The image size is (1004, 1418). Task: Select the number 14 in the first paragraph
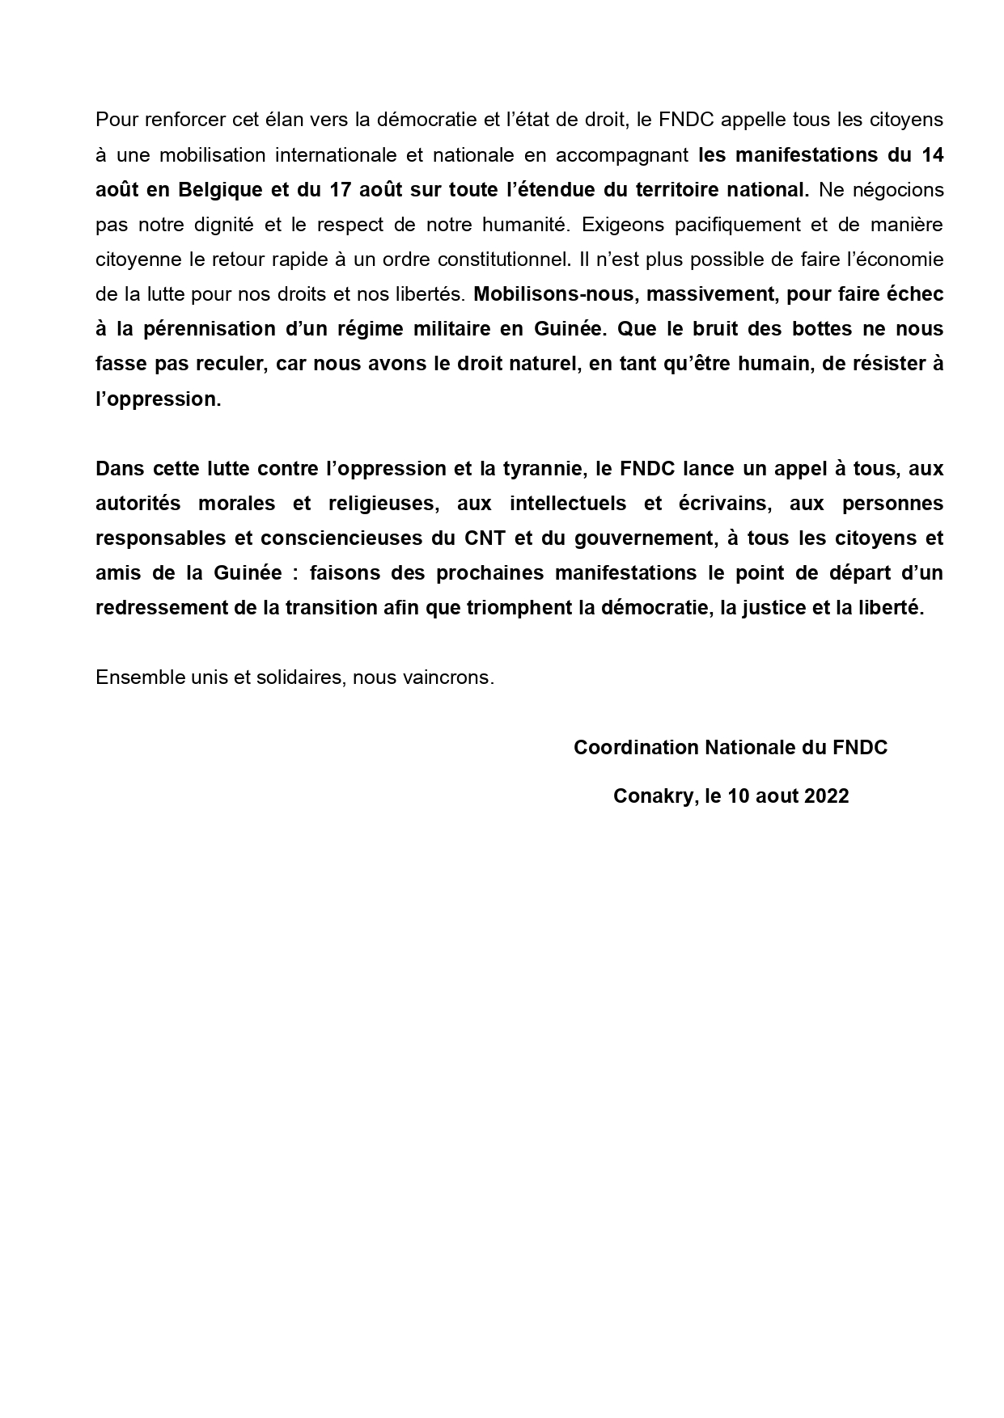pyautogui.click(x=931, y=155)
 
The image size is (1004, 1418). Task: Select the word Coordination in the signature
pyautogui.click(x=636, y=748)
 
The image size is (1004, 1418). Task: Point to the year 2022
pyautogui.click(x=827, y=796)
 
